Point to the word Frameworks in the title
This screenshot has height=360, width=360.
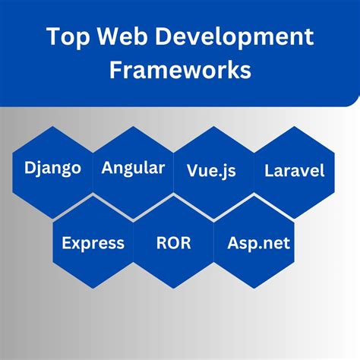click(x=179, y=70)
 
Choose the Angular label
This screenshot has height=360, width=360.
click(x=133, y=169)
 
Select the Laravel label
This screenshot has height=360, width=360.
click(x=294, y=171)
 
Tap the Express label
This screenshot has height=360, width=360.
click(x=93, y=244)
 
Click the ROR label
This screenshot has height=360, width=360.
click(x=173, y=244)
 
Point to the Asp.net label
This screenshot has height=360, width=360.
click(x=257, y=244)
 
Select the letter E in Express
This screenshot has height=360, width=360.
click(x=67, y=243)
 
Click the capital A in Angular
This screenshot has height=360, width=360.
click(x=107, y=167)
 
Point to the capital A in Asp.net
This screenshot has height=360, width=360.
click(x=232, y=243)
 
